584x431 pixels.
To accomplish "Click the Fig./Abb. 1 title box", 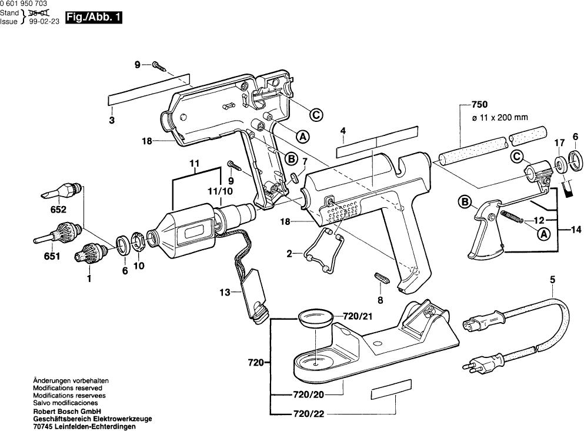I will (94, 18).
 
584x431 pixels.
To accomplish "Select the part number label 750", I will (479, 104).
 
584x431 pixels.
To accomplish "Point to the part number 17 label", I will (558, 142).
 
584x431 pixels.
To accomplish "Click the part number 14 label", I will (575, 229).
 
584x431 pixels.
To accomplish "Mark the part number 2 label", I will (289, 254).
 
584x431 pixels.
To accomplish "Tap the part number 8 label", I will (380, 300).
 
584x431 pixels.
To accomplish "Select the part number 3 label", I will (111, 121).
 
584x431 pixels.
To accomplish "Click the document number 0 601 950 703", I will (25, 4).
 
